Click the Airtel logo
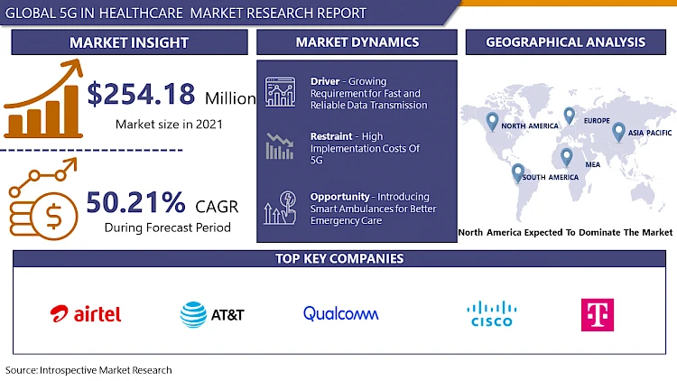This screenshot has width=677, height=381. click(x=86, y=313)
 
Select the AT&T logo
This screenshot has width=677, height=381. click(x=212, y=314)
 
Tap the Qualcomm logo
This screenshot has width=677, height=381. click(x=341, y=313)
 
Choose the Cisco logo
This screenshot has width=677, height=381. click(x=491, y=314)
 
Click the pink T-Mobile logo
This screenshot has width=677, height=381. click(x=596, y=314)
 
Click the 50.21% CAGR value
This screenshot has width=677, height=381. click(x=135, y=201)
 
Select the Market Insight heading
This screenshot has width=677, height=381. click(x=129, y=42)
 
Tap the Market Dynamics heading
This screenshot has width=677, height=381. click(x=357, y=42)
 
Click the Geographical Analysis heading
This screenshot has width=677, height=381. click(x=565, y=42)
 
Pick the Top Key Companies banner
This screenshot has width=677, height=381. click(x=339, y=259)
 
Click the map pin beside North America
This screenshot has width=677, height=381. click(x=492, y=120)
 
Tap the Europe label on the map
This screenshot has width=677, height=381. click(x=597, y=121)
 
